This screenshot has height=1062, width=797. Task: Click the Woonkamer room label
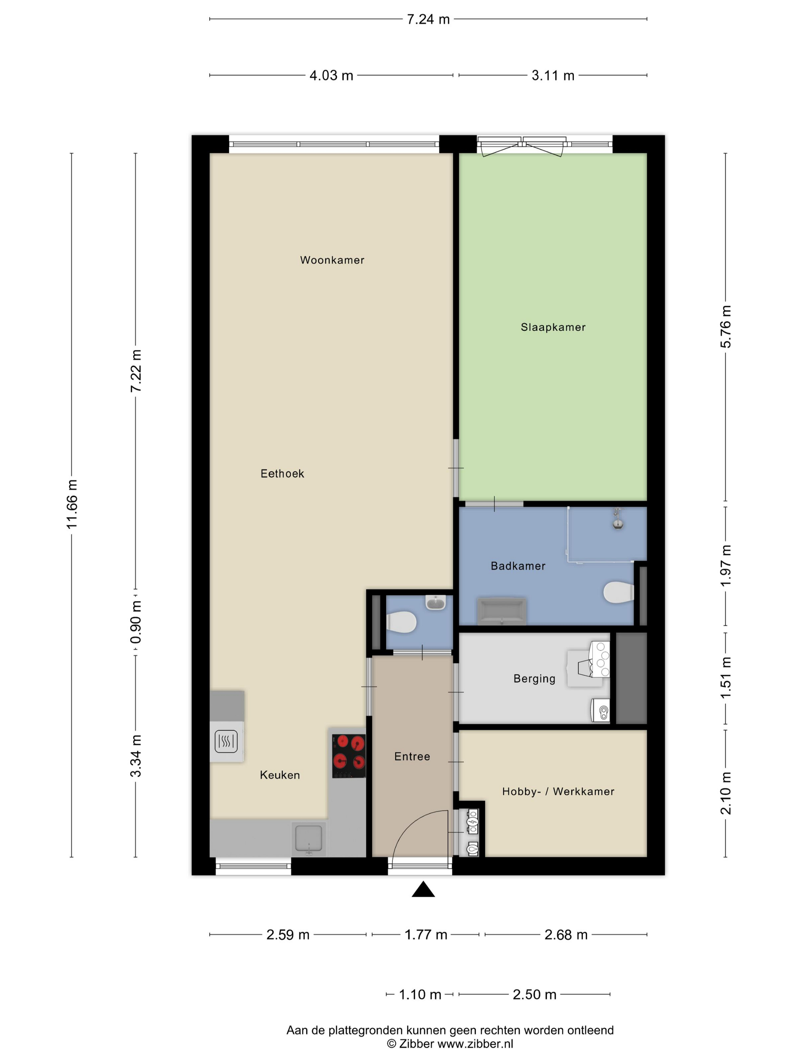[x=332, y=260]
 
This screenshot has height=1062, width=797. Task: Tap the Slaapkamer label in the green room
[x=553, y=327]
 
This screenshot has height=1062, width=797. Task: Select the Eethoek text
[x=282, y=474]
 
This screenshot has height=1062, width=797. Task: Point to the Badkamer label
[x=518, y=566]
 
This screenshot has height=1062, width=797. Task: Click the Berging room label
[x=534, y=679]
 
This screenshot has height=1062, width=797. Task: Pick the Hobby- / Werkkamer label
[x=558, y=792]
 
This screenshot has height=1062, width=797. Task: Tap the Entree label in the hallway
[x=412, y=757]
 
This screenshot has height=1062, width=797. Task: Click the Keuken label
[x=280, y=775]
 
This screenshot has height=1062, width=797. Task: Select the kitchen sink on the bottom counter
[x=309, y=839]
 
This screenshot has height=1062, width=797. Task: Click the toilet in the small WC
[x=402, y=622]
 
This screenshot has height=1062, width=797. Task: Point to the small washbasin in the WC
[x=436, y=603]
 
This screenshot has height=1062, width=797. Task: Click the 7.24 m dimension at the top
[x=428, y=19]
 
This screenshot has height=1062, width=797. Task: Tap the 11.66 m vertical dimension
[x=72, y=504]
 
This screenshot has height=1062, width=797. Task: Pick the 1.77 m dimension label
[x=426, y=935]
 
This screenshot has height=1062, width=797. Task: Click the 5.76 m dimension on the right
[x=725, y=327]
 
